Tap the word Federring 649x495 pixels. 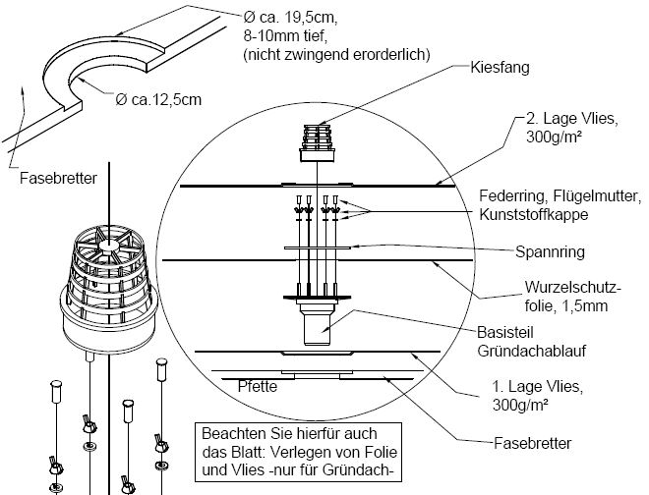coord(508,194)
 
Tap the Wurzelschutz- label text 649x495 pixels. coord(560,290)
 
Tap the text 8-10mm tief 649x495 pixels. coord(281,36)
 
